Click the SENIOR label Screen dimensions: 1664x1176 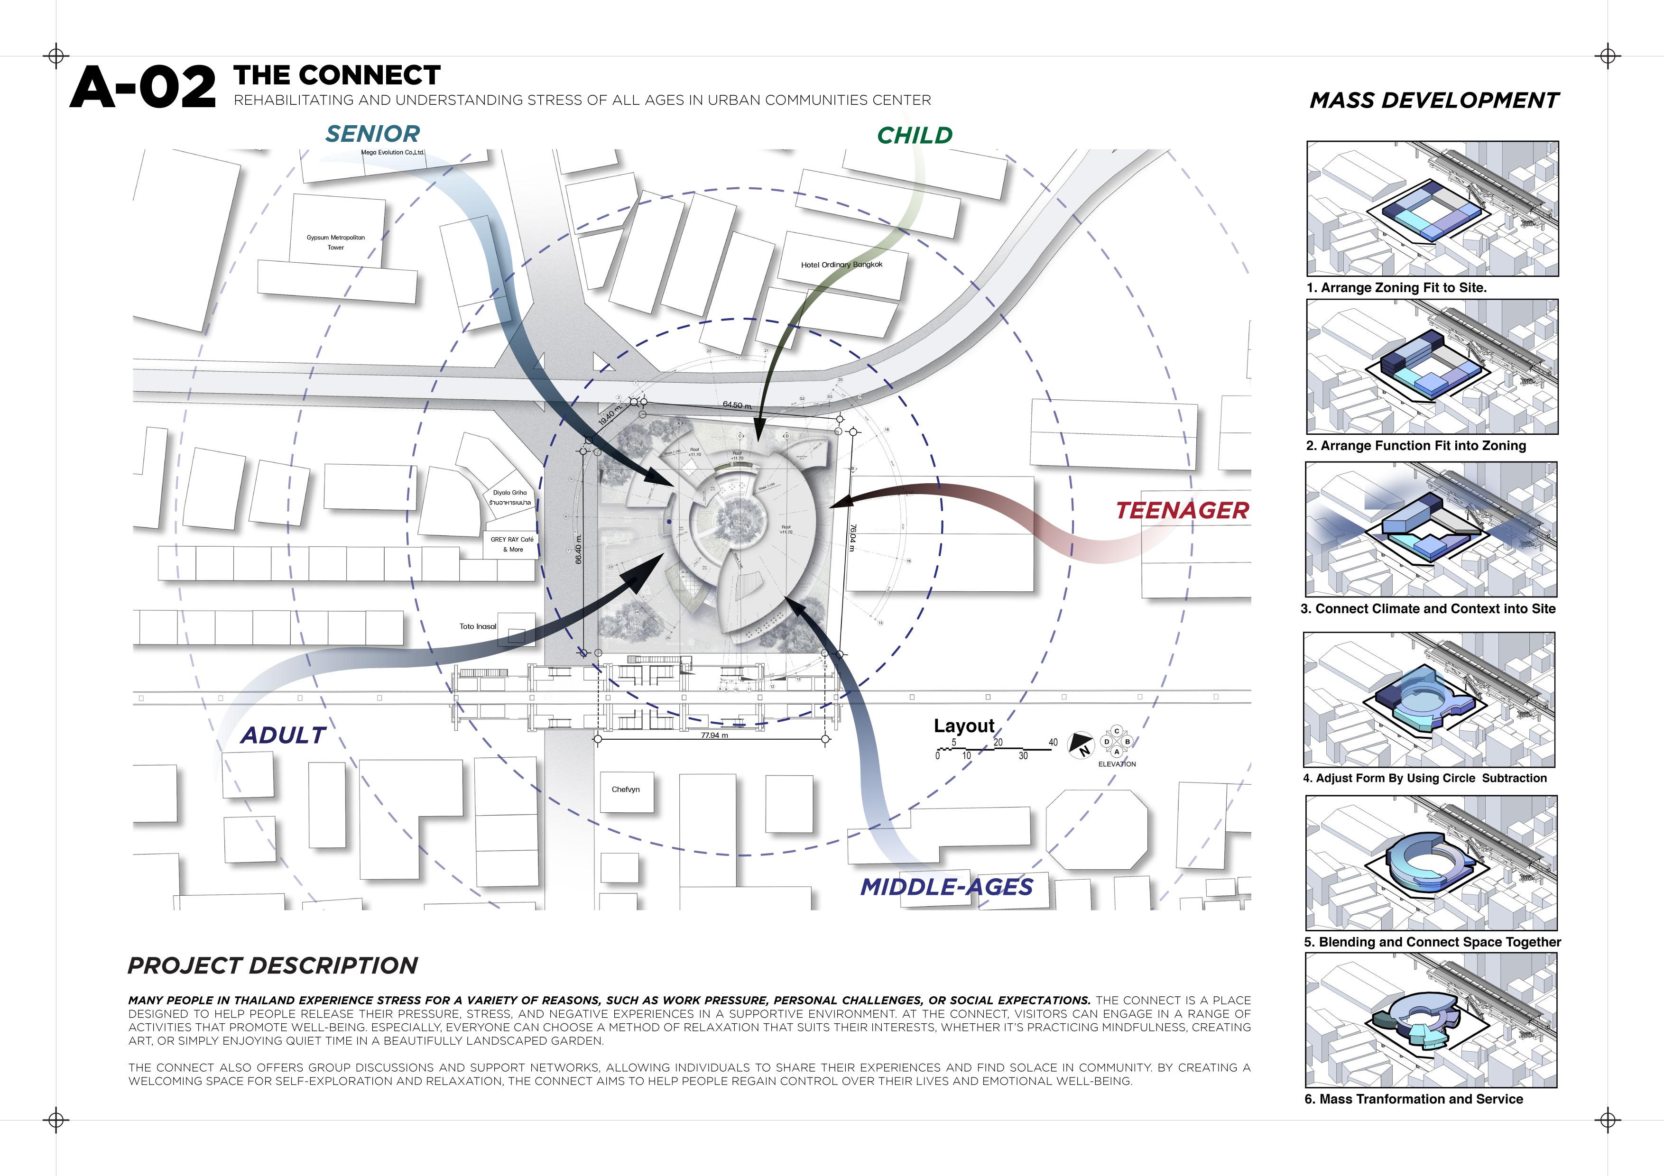(x=372, y=134)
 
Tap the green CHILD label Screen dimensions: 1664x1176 (x=915, y=136)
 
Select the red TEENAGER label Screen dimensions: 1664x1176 (x=1182, y=510)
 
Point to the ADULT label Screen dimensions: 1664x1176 (x=283, y=735)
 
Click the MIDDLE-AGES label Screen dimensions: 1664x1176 (x=946, y=887)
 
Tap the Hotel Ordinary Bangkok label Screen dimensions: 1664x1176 (x=841, y=265)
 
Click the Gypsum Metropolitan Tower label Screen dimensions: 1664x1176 (x=335, y=242)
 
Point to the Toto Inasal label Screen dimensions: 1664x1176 (x=478, y=627)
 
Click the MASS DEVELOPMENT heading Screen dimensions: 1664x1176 (x=1434, y=101)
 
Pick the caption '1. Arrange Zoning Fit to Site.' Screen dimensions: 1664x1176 (x=1396, y=288)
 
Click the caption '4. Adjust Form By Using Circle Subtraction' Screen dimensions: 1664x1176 (x=1424, y=778)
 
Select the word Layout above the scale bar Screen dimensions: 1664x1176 (x=964, y=726)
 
